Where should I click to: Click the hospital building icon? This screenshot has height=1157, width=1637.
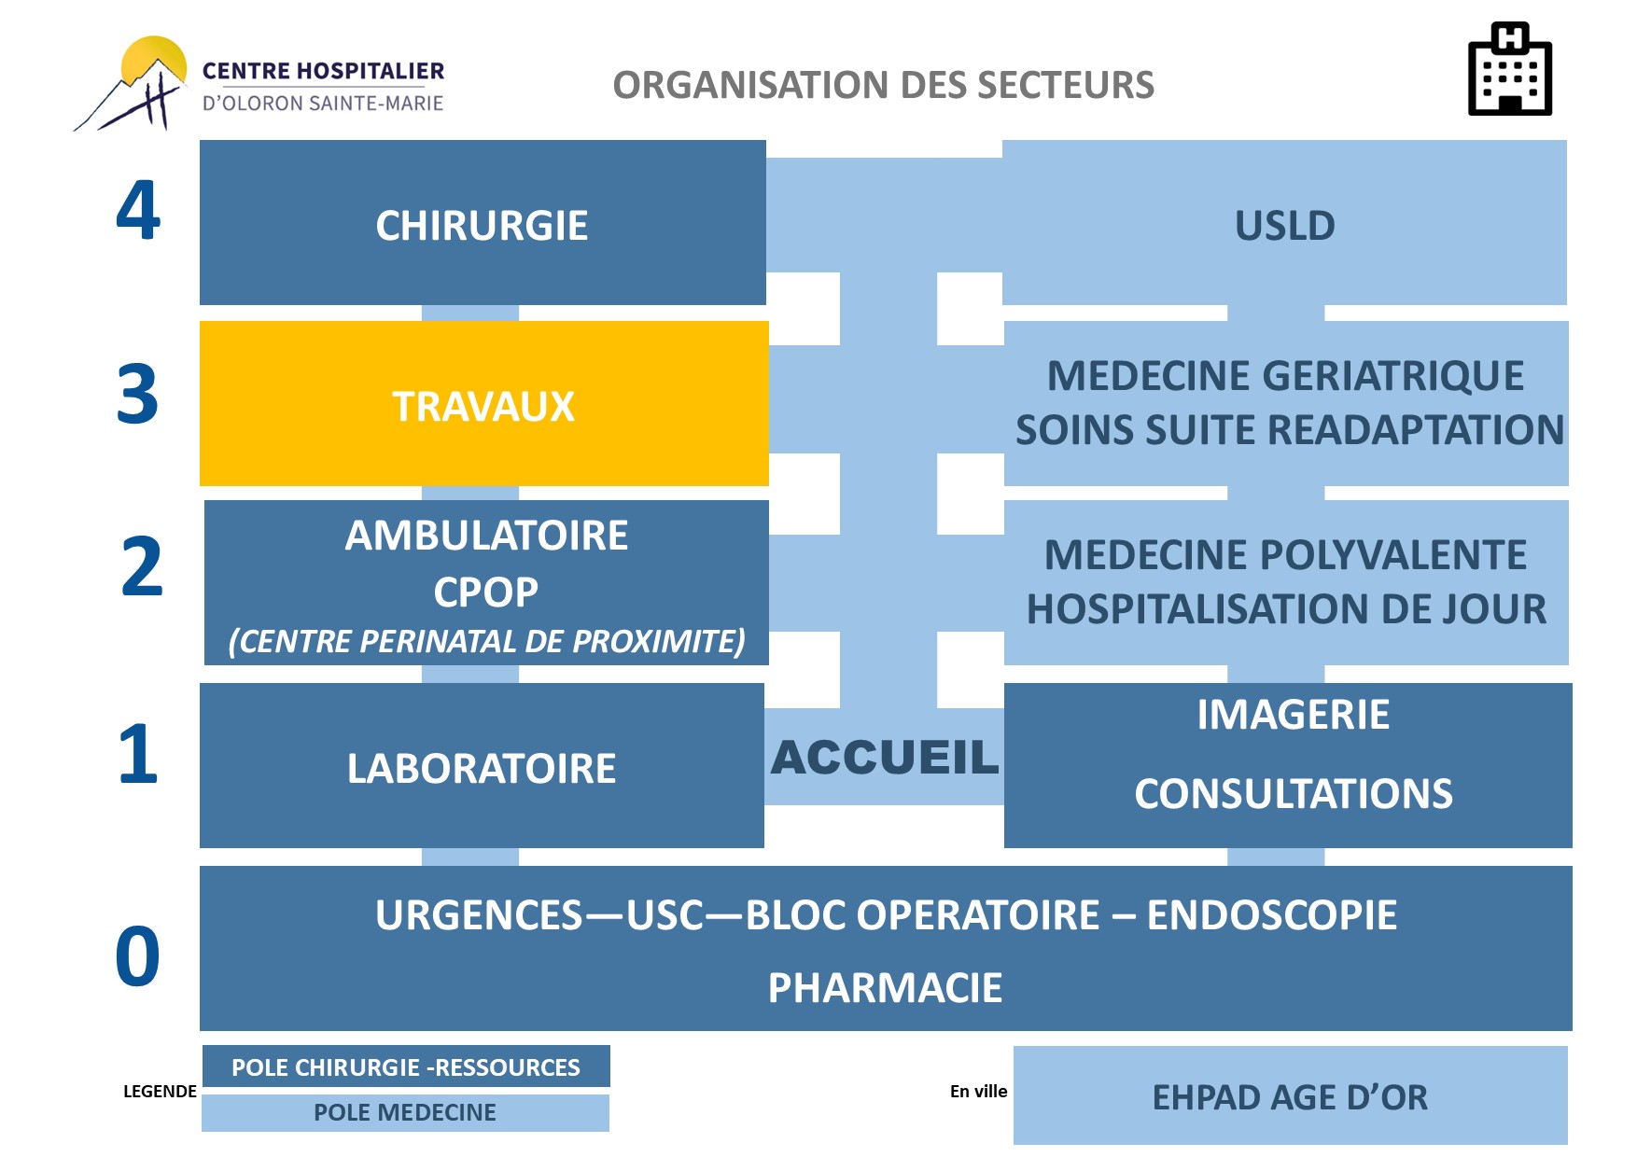tap(1509, 69)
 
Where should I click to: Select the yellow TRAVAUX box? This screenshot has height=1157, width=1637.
tap(483, 403)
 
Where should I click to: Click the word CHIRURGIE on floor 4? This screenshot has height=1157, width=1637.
tap(482, 226)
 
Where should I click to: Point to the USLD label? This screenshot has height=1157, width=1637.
tap(1285, 226)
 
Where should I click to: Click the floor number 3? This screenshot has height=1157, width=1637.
tap(137, 395)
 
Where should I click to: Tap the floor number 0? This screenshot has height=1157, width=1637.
tap(137, 956)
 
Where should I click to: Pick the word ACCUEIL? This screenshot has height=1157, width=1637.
tap(885, 757)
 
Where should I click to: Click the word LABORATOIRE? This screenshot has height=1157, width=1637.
tap(482, 769)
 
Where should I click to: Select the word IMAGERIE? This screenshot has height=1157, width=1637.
tap(1294, 715)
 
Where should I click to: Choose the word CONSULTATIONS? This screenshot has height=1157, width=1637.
tap(1294, 794)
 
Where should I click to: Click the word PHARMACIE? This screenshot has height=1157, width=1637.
tap(885, 988)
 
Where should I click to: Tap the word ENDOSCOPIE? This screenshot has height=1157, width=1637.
tap(1272, 915)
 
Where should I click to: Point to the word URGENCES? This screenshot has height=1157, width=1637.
tap(479, 915)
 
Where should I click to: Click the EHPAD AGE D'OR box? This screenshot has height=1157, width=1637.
tap(1291, 1095)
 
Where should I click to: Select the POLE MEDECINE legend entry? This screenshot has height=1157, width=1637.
tap(405, 1112)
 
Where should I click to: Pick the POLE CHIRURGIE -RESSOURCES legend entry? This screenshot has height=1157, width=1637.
tap(406, 1066)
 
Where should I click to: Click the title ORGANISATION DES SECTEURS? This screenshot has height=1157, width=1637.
tap(884, 85)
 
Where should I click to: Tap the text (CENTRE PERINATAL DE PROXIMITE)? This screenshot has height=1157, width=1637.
tap(486, 642)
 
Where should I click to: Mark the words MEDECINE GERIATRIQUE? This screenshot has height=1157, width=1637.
tap(1285, 376)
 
